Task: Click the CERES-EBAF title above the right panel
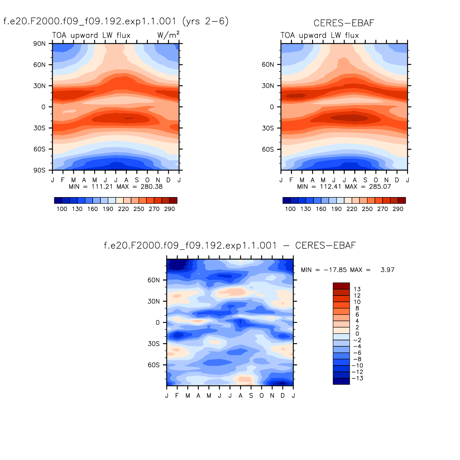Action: tap(344, 23)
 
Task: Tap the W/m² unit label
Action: tap(168, 35)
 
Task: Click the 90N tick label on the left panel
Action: tap(40, 44)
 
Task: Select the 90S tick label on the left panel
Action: tap(40, 171)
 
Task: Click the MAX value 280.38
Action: tap(152, 187)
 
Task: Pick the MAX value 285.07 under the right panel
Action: tap(380, 187)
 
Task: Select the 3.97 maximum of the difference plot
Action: tap(387, 270)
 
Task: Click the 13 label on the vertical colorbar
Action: tap(357, 289)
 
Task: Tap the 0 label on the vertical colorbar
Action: tap(357, 334)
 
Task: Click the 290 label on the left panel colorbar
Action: tap(170, 209)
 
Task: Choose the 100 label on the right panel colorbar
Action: tap(290, 209)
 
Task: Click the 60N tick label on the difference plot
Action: tap(154, 280)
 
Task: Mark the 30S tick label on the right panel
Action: tap(268, 128)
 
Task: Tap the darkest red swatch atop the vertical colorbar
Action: tap(341, 286)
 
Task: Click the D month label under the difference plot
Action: tap(283, 396)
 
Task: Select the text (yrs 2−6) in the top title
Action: tap(206, 21)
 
